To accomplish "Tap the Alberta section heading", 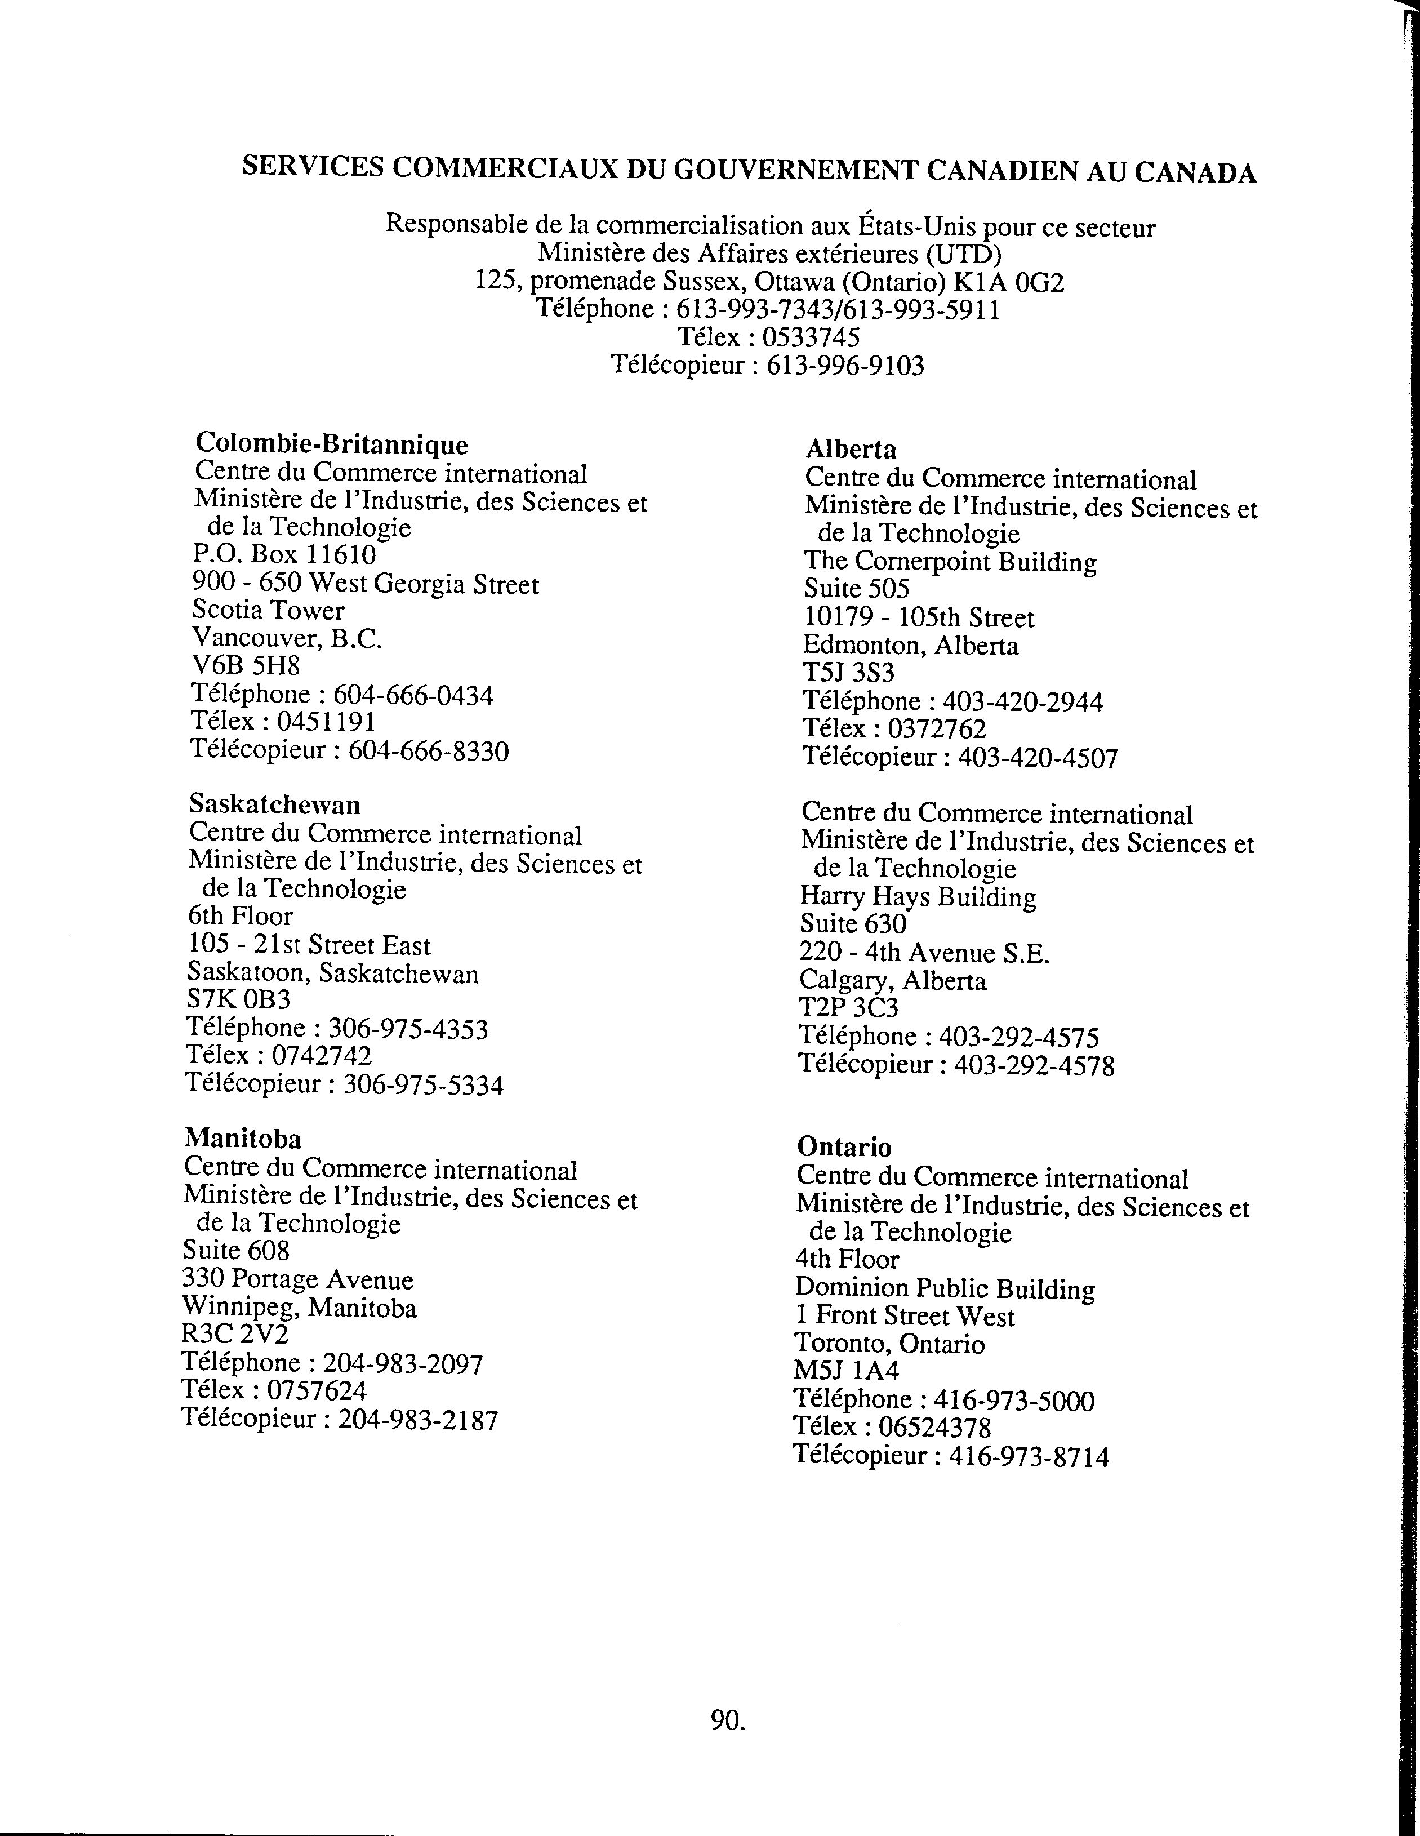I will pyautogui.click(x=851, y=449).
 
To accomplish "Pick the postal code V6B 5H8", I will pyautogui.click(x=246, y=666).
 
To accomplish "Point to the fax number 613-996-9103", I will pyautogui.click(x=845, y=366).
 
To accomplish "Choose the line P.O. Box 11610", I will pyautogui.click(x=284, y=555).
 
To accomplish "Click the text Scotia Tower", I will pyautogui.click(x=268, y=610).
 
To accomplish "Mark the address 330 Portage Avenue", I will pyautogui.click(x=297, y=1279).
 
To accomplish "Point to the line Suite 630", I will pyautogui.click(x=852, y=924).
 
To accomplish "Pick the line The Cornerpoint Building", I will pyautogui.click(x=950, y=562).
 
